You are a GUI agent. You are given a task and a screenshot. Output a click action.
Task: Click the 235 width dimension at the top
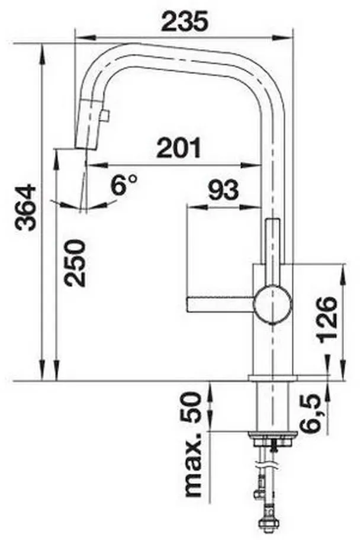pos(185,21)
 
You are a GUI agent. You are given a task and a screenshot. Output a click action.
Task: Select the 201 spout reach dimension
pos(178,147)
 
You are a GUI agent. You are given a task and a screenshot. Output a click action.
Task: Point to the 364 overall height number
pos(25,207)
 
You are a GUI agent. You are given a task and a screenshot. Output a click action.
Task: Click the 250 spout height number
pos(75,263)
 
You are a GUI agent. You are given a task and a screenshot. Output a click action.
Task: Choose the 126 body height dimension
pos(327,320)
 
